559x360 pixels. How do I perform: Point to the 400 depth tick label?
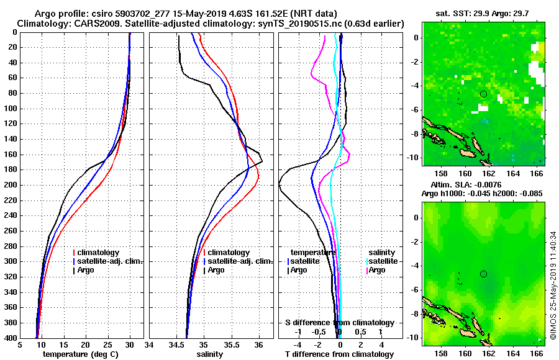tap(12, 338)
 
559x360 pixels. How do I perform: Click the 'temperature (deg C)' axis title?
tap(80, 354)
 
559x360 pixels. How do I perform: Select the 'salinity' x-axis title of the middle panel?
tap(210, 354)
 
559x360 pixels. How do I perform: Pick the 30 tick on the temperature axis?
tap(129, 345)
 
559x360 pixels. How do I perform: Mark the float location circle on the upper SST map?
tap(483, 94)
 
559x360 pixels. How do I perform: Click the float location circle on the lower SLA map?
tap(483, 274)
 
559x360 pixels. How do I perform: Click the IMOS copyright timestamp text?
tap(552, 286)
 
